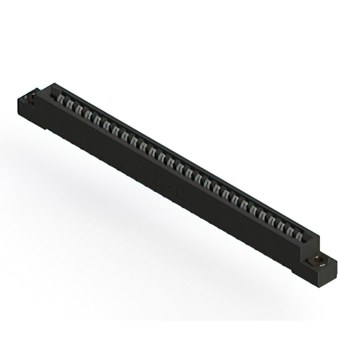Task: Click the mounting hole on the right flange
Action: pos(318,261)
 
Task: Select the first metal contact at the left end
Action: pos(61,99)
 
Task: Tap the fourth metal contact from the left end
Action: pos(88,114)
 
